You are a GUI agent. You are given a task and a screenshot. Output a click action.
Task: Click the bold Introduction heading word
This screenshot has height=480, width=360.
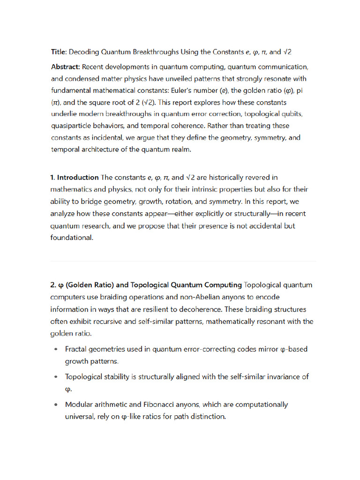[78, 178]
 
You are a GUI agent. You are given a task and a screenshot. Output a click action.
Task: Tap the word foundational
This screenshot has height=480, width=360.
[72, 238]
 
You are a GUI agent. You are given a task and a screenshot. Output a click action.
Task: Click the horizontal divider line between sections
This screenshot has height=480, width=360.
[183, 261]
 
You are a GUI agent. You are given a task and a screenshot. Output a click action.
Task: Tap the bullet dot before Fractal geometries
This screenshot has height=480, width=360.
[56, 349]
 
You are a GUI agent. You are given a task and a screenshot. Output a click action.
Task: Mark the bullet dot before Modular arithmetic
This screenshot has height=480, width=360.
[56, 405]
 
